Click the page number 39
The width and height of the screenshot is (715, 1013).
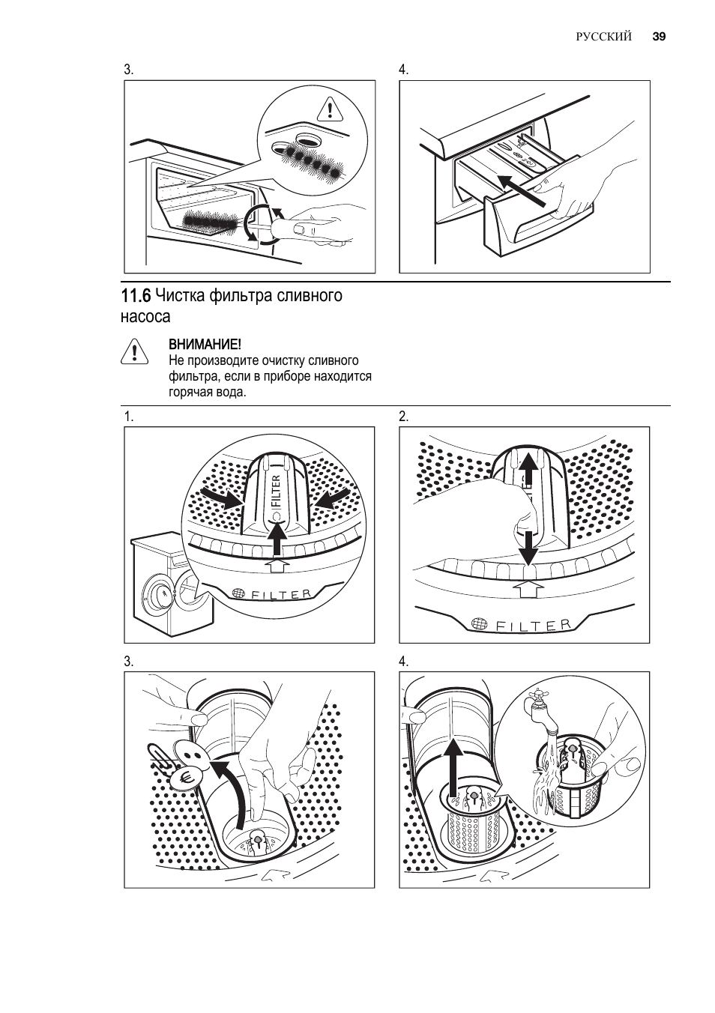[x=659, y=37]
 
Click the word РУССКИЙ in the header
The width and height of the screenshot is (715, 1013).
[x=604, y=37]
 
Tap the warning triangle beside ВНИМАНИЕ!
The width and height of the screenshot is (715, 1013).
[x=133, y=351]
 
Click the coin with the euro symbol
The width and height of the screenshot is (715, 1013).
[x=184, y=778]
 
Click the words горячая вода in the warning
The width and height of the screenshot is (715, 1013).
[x=207, y=392]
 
